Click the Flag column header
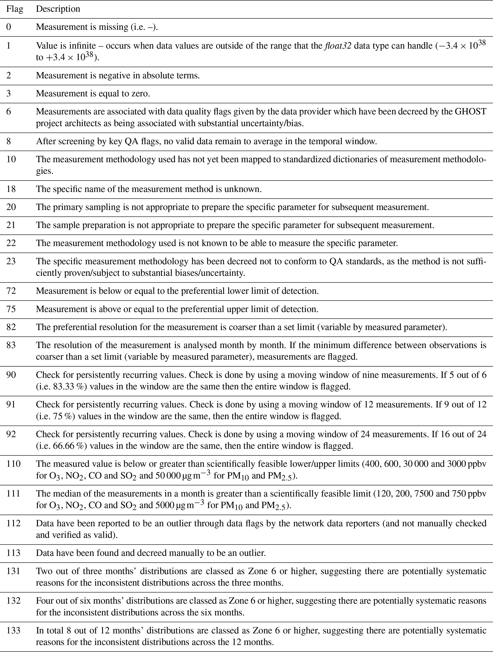point(15,9)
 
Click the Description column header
point(58,9)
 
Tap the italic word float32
point(337,46)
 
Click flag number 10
point(11,159)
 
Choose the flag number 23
point(11,261)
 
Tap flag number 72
point(11,291)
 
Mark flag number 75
point(11,309)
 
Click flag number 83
point(11,345)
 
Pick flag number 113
point(14,553)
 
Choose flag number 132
point(14,601)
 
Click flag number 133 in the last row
point(14,631)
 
